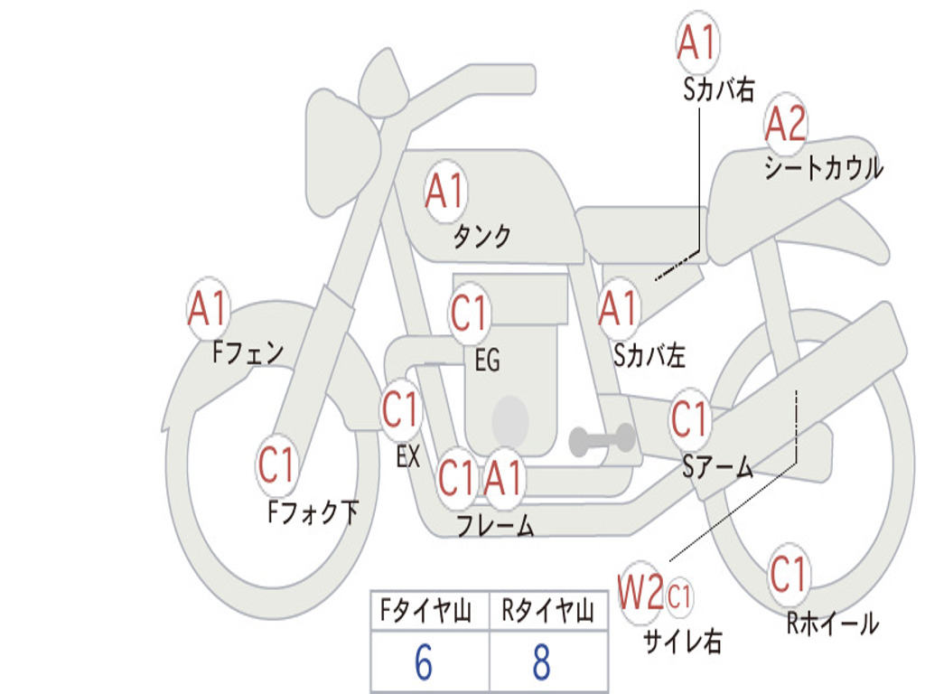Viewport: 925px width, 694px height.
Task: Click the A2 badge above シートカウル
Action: click(785, 123)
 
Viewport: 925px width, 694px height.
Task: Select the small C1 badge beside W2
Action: click(679, 596)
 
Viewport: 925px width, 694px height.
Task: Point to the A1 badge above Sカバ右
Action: click(698, 42)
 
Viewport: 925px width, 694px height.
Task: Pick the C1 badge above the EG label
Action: click(470, 313)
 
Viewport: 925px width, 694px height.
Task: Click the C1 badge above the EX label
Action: click(401, 409)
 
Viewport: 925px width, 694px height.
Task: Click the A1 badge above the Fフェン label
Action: click(208, 308)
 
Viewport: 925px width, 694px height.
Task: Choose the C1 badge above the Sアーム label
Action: click(689, 419)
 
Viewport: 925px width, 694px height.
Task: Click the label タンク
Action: click(481, 236)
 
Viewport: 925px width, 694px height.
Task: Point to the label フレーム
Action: click(496, 525)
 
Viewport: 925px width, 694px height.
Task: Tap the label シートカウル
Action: click(824, 167)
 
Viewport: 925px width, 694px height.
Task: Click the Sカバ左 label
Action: click(649, 355)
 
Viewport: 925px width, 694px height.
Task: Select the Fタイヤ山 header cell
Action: click(430, 610)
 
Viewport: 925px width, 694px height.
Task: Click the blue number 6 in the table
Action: click(424, 661)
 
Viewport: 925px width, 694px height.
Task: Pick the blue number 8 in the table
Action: click(542, 661)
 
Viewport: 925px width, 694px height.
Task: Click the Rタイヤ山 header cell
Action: click(549, 610)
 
